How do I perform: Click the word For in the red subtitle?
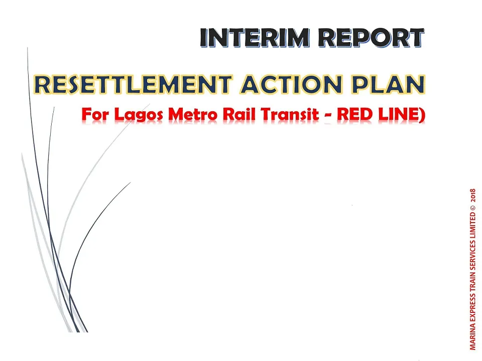click(x=95, y=114)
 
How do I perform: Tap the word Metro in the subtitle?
click(x=193, y=114)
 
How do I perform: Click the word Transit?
click(x=289, y=114)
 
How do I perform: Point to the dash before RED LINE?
click(x=328, y=116)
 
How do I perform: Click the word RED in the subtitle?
click(x=354, y=114)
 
